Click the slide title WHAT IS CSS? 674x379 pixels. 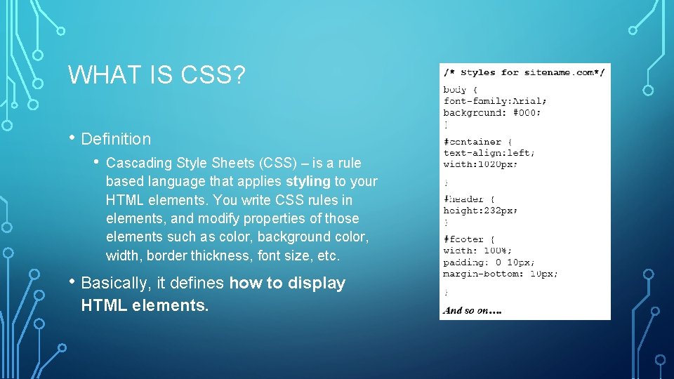[x=157, y=74]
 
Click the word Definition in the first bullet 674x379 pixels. [x=116, y=139]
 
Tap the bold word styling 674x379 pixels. [x=308, y=182]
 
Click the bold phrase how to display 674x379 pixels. [x=287, y=284]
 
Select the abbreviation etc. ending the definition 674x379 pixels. [x=328, y=255]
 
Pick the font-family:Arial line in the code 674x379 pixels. [x=492, y=101]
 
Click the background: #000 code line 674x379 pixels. [x=491, y=112]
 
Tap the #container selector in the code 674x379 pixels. [x=472, y=142]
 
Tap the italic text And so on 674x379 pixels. [x=473, y=310]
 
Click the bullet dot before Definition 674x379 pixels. [x=72, y=139]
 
